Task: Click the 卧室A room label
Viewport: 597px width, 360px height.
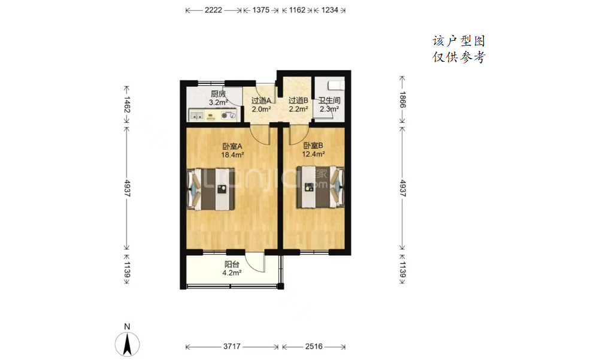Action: click(x=232, y=146)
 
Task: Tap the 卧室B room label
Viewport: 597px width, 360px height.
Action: click(x=313, y=146)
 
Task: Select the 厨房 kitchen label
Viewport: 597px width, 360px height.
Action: click(x=218, y=93)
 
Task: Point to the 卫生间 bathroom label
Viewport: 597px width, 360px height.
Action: click(x=329, y=101)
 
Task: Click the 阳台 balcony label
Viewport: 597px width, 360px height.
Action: click(x=232, y=264)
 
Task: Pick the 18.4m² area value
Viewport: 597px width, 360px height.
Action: click(x=232, y=155)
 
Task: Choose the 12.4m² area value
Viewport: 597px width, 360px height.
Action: click(x=313, y=155)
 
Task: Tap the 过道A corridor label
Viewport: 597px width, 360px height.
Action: click(x=261, y=101)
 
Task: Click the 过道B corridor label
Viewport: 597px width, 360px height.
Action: click(x=298, y=101)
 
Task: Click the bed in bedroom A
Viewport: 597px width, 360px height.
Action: click(x=211, y=189)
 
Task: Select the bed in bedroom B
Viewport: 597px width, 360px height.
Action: click(x=320, y=187)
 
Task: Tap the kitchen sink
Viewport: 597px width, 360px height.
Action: click(x=196, y=115)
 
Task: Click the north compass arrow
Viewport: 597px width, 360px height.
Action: click(x=127, y=344)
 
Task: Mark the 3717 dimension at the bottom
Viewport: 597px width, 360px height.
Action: click(x=232, y=347)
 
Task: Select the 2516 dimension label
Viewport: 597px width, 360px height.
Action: click(x=314, y=347)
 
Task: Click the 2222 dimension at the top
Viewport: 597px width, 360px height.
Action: click(x=213, y=10)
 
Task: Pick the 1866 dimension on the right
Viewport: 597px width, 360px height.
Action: click(x=402, y=100)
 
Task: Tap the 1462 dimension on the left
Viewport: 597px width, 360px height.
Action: click(x=127, y=105)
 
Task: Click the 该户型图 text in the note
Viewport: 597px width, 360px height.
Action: click(x=459, y=41)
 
